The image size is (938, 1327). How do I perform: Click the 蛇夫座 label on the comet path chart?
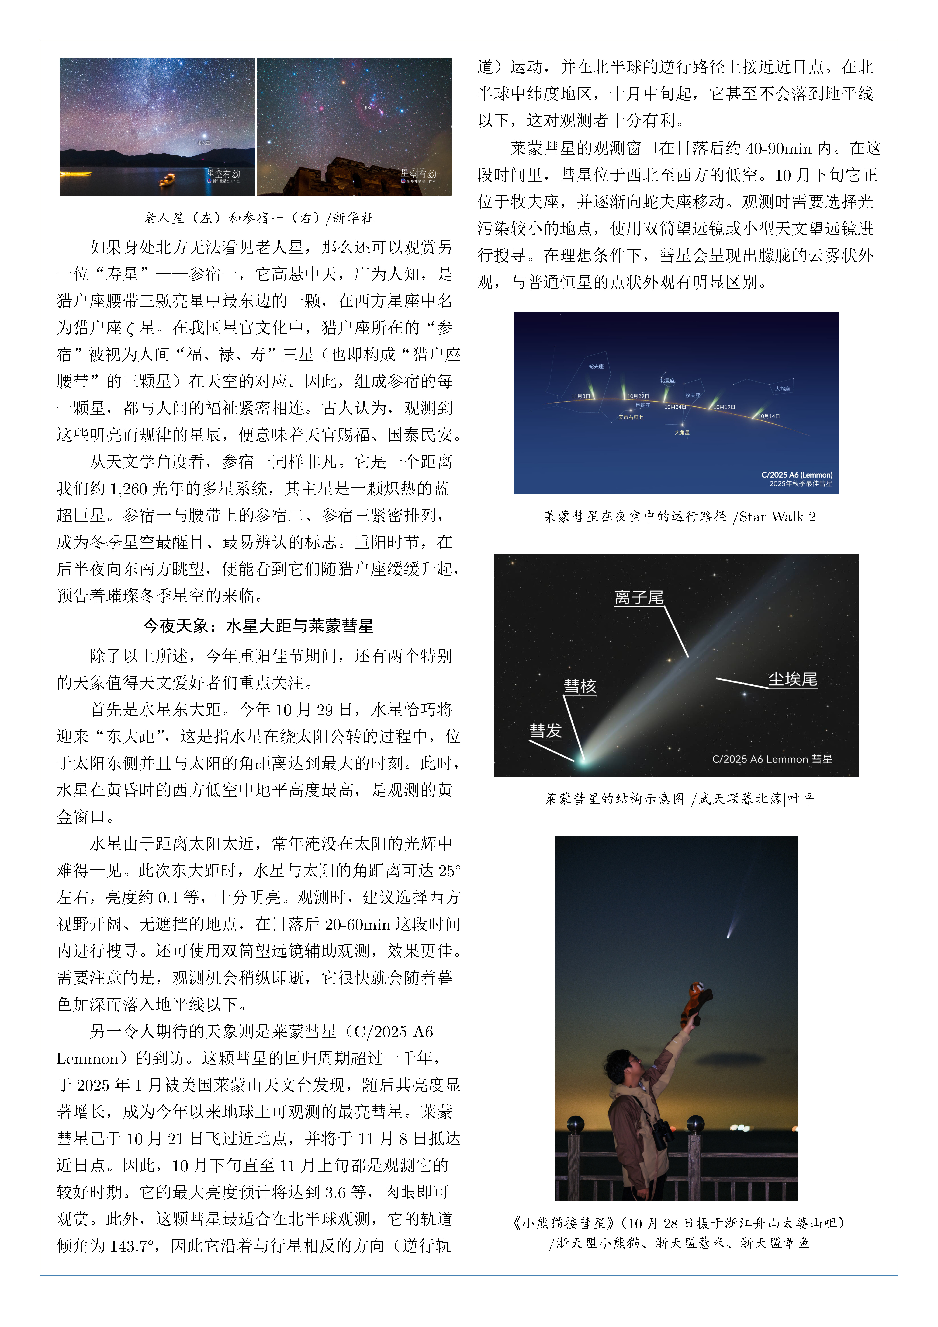point(596,366)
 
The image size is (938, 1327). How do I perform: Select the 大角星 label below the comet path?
point(682,432)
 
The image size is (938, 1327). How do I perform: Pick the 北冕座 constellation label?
point(667,381)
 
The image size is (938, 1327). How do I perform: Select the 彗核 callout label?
point(580,686)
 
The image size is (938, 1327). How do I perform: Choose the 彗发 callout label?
point(546,731)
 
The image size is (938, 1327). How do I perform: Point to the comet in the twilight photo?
point(729,931)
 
